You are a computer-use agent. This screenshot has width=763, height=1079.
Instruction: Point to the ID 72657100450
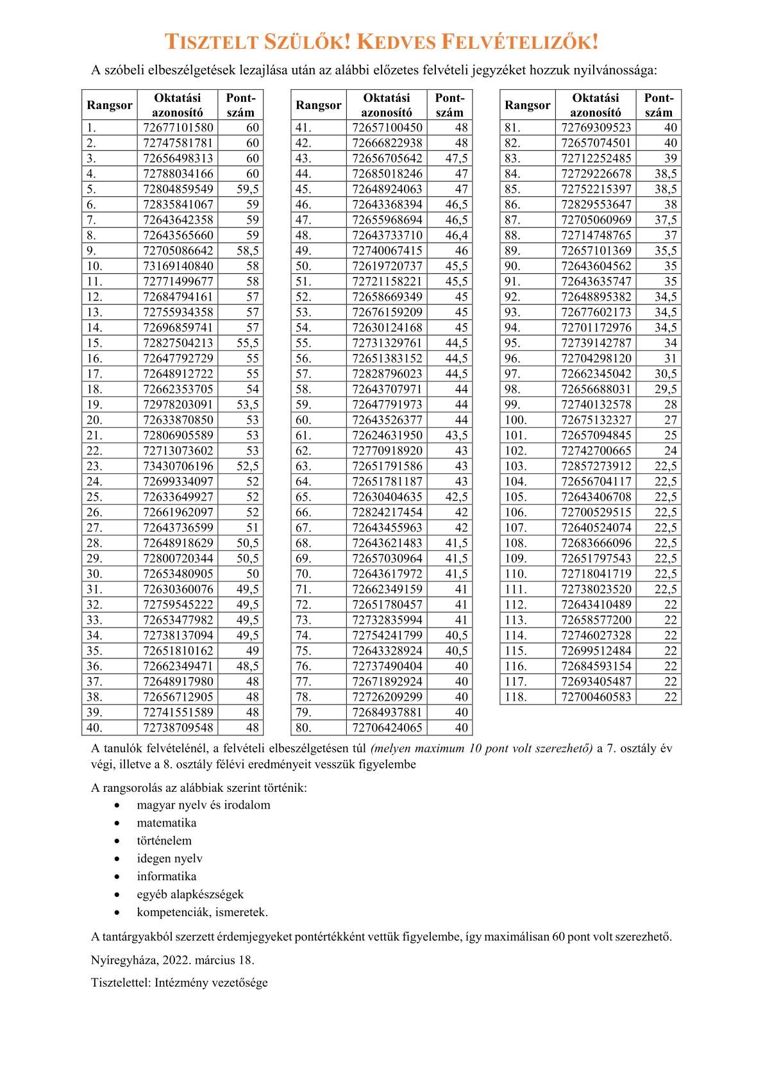(387, 128)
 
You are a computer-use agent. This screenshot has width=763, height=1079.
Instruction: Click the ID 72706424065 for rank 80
(387, 728)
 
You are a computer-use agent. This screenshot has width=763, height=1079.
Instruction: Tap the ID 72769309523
(596, 128)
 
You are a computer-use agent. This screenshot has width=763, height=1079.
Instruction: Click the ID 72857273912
(596, 466)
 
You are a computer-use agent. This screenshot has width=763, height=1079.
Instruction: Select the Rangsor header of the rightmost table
(527, 105)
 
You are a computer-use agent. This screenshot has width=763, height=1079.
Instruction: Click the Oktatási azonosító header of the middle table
(387, 105)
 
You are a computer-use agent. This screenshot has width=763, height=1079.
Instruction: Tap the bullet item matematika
(167, 823)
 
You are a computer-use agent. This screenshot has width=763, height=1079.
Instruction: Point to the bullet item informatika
(167, 876)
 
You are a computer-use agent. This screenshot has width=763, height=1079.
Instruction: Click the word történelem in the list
(164, 841)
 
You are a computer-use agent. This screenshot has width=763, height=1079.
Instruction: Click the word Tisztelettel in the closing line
(121, 982)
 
